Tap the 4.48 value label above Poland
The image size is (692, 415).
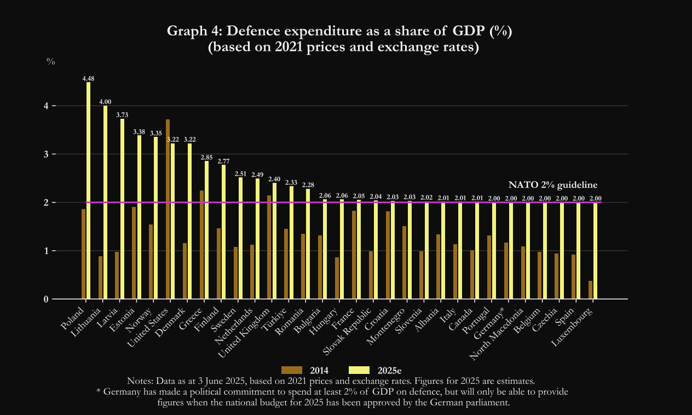88,78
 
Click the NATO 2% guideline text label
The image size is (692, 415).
552,185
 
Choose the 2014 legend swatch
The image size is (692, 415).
292,371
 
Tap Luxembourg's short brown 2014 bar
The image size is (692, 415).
591,290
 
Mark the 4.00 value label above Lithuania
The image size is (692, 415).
105,102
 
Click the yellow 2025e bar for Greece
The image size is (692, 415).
206,230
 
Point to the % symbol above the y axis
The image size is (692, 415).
51,62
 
